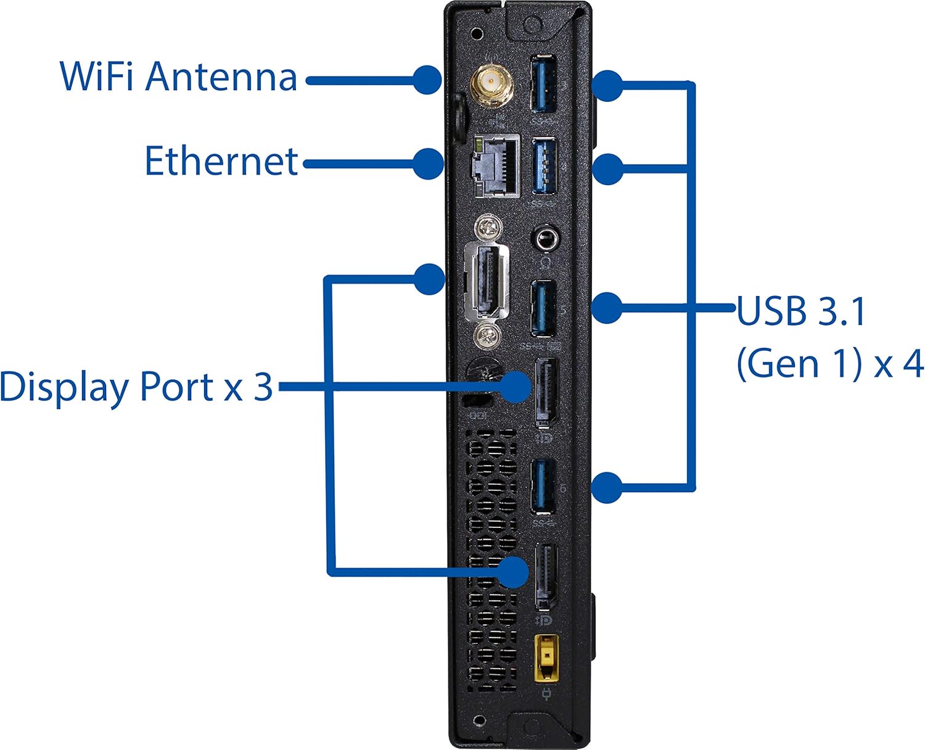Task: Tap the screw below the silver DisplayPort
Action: click(x=487, y=337)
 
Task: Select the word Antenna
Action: click(x=221, y=76)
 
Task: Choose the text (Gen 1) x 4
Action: click(x=830, y=365)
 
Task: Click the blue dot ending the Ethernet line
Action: click(x=429, y=163)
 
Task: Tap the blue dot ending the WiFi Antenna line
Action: click(x=428, y=80)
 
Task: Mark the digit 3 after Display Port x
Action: click(x=263, y=386)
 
